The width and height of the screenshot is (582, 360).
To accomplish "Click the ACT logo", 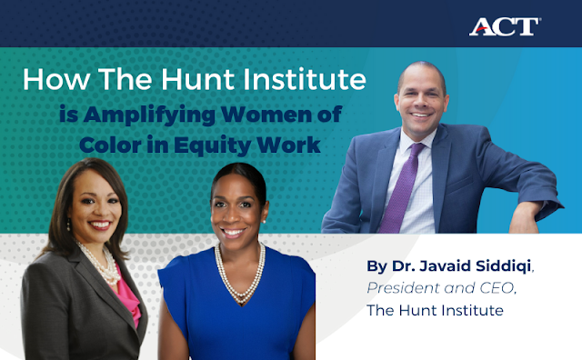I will click(505, 25).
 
